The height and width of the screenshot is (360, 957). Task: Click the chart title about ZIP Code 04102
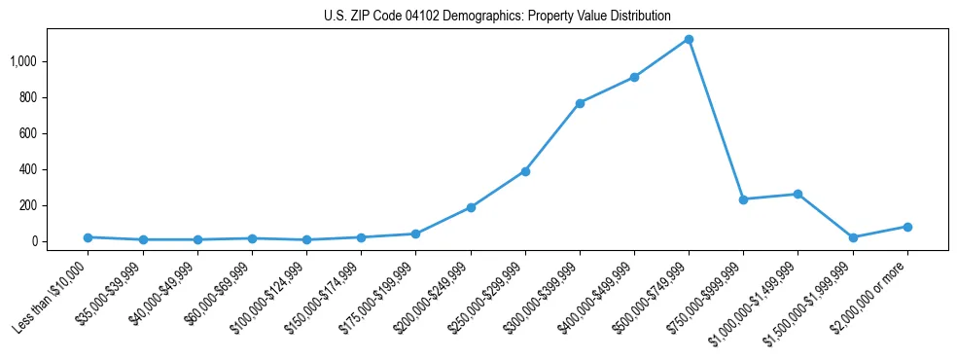tap(497, 17)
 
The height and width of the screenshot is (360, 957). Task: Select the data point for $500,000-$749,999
tap(689, 39)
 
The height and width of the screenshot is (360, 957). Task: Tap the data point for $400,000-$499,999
tap(634, 77)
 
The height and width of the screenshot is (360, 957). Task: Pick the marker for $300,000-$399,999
tap(580, 103)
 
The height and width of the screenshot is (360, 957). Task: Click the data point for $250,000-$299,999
tap(525, 171)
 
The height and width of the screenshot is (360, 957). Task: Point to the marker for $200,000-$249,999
tap(471, 207)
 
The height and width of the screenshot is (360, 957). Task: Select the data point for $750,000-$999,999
tap(743, 199)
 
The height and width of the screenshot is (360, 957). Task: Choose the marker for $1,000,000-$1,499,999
tap(797, 194)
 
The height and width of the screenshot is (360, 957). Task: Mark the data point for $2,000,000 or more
tap(907, 227)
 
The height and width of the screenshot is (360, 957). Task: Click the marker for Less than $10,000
tap(88, 237)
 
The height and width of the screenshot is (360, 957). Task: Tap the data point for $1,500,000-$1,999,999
tap(853, 237)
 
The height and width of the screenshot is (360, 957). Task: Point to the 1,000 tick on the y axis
tap(23, 61)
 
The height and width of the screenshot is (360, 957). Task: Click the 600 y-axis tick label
tap(28, 133)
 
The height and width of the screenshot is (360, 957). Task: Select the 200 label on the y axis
tap(28, 205)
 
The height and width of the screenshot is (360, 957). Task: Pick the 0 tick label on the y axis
tap(34, 241)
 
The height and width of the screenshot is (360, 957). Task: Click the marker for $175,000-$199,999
tap(415, 234)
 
